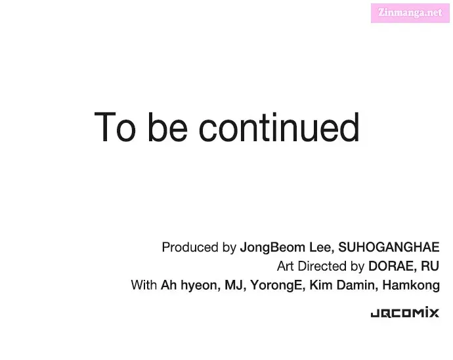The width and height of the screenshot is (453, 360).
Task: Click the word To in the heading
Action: (x=115, y=127)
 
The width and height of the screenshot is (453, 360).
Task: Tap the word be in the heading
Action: (x=167, y=127)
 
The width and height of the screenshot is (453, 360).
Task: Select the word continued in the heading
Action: (x=279, y=127)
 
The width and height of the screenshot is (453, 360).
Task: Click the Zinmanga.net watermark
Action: (x=410, y=13)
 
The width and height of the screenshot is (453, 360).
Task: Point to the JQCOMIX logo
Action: (x=405, y=313)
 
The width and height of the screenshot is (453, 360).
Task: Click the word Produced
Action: (x=190, y=247)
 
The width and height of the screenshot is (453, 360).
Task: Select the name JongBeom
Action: (x=272, y=248)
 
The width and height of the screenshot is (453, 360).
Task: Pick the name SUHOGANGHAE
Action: (x=389, y=247)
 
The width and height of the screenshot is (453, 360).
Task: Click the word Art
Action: (x=286, y=266)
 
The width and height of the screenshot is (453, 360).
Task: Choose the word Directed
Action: (x=322, y=266)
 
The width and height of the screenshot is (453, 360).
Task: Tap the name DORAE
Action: (x=393, y=266)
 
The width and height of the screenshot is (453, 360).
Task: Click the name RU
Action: (x=430, y=266)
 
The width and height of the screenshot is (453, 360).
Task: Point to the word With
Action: (x=144, y=285)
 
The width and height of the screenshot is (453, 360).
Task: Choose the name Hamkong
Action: (x=411, y=286)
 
